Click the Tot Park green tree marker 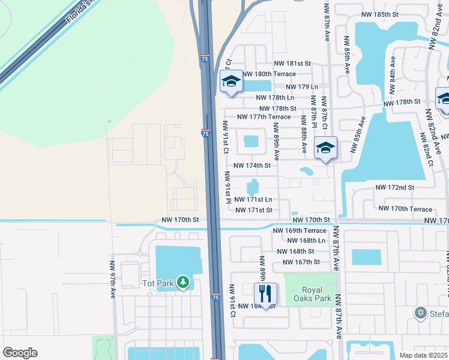[183, 282]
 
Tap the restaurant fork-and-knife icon [265, 294]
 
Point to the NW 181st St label [292, 63]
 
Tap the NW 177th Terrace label [264, 117]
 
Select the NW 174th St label [253, 165]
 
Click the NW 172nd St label [394, 188]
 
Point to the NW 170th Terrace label [405, 209]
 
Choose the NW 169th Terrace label [299, 230]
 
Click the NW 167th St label [299, 262]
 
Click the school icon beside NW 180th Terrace [231, 82]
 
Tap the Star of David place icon [421, 313]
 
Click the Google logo [20, 353]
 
